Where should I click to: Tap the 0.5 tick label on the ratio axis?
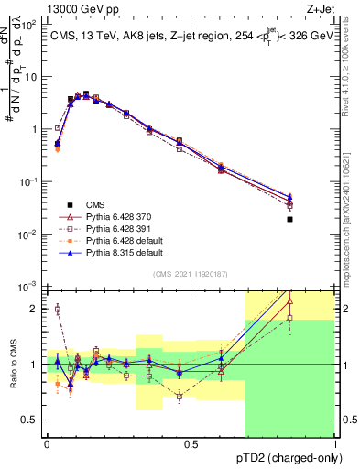32,420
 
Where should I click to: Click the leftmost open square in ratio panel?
57,310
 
